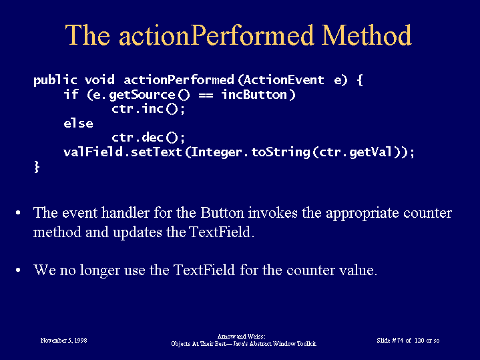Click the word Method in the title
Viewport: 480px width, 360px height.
[x=367, y=35]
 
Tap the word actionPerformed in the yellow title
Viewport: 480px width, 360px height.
[x=216, y=35]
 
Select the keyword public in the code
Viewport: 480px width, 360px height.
[x=55, y=80]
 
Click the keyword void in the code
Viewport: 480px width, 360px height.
[x=99, y=80]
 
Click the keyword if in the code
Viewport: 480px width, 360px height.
[x=71, y=94]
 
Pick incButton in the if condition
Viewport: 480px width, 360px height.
[x=254, y=94]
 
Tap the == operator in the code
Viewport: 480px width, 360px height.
[x=206, y=96]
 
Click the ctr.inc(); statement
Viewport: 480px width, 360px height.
[x=148, y=109]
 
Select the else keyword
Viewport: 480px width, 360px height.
[x=78, y=123]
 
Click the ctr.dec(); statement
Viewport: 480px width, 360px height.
[x=148, y=138]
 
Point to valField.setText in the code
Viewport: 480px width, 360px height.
[x=122, y=152]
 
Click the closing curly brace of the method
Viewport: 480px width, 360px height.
[x=37, y=167]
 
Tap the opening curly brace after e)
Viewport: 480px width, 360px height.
[x=360, y=80]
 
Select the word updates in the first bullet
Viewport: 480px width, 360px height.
[x=137, y=232]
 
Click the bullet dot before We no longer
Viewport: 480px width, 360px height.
[x=18, y=271]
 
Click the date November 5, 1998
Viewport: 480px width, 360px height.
[x=63, y=341]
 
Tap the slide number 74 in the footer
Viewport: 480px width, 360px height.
[x=399, y=341]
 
